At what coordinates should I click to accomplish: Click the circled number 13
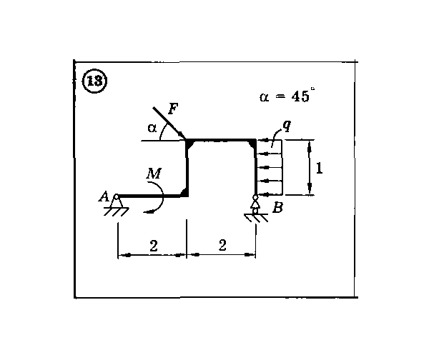[94, 81]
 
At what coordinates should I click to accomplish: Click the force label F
[173, 109]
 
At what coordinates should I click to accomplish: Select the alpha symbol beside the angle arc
[152, 128]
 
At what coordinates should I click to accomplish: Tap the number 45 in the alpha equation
[300, 96]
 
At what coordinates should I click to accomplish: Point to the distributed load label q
[287, 126]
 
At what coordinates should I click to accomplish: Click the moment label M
[154, 173]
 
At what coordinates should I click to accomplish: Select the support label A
[104, 196]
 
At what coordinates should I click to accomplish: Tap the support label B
[277, 208]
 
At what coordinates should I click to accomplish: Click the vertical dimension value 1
[319, 168]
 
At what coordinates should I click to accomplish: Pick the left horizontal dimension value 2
[154, 246]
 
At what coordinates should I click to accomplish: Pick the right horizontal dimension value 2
[222, 245]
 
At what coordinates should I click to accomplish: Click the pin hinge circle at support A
[117, 196]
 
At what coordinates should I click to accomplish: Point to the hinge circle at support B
[255, 197]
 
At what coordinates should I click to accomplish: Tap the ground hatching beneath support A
[117, 211]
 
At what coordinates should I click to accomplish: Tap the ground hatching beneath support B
[256, 218]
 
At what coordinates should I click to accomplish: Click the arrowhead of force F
[182, 136]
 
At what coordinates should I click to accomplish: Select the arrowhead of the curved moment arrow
[148, 212]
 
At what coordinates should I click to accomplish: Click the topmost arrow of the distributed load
[270, 140]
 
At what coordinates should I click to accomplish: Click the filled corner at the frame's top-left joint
[189, 144]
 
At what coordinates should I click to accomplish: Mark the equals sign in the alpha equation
[280, 97]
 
